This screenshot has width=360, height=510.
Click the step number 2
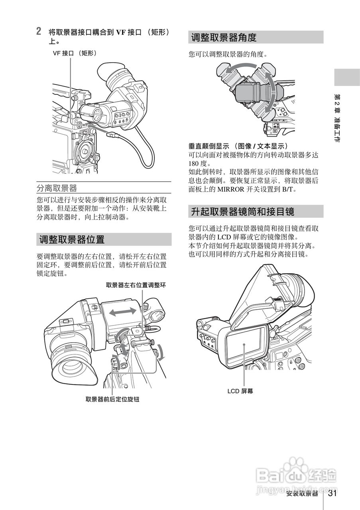click(x=39, y=31)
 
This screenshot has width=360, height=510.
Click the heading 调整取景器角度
click(x=223, y=37)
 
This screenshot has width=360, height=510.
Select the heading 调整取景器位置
click(x=72, y=239)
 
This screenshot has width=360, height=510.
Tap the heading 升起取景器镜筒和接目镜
click(x=242, y=212)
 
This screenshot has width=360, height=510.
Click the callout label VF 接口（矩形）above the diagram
click(x=75, y=53)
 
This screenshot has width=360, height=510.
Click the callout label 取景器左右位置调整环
click(x=136, y=285)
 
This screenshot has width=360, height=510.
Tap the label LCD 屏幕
click(x=240, y=391)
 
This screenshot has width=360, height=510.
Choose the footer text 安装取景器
click(x=302, y=494)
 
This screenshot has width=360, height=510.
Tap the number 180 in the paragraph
click(x=195, y=163)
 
